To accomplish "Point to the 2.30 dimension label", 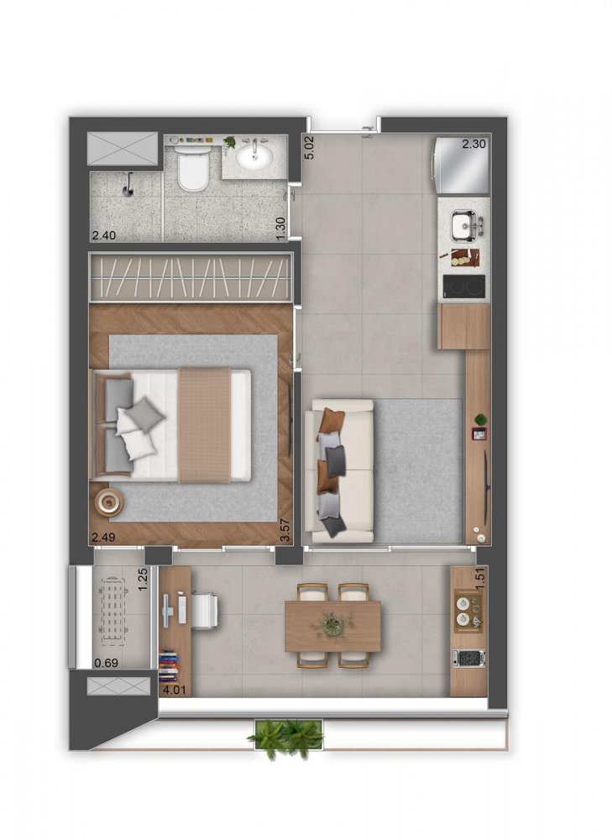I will pyautogui.click(x=474, y=144).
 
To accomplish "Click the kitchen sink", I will pyautogui.click(x=465, y=225).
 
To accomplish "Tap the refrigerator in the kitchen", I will pyautogui.click(x=461, y=167).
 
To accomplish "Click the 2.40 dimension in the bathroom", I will pyautogui.click(x=104, y=235).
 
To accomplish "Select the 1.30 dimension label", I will pyautogui.click(x=282, y=228).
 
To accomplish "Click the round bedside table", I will pyautogui.click(x=110, y=502).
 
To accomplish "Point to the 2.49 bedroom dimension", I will pyautogui.click(x=104, y=537).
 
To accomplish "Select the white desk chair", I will pyautogui.click(x=204, y=608).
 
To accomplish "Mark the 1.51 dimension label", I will pyautogui.click(x=481, y=580).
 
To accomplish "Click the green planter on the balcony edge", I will pyautogui.click(x=285, y=737).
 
